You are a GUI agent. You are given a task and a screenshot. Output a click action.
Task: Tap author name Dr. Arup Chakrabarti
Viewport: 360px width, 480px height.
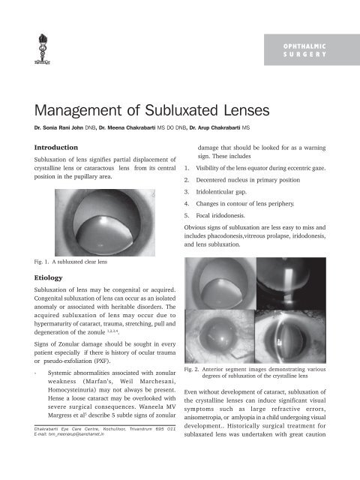(241, 138)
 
